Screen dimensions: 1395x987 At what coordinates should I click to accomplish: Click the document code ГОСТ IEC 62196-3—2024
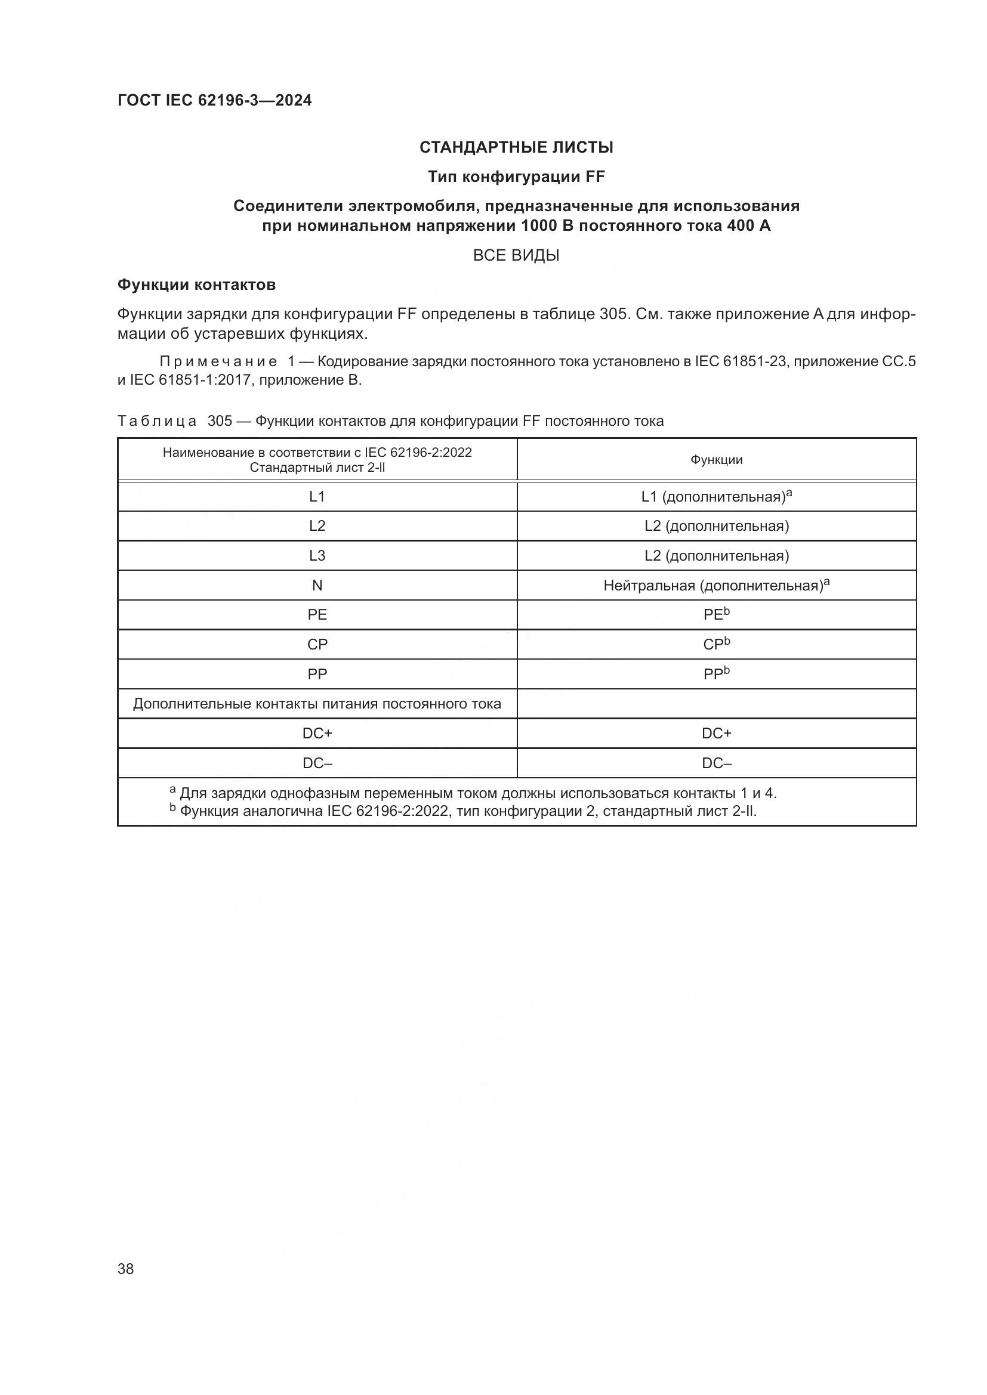(x=215, y=100)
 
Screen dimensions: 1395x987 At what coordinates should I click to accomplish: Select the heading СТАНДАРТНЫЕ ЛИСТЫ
(x=516, y=147)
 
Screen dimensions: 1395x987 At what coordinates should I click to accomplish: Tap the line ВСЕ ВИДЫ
(x=516, y=255)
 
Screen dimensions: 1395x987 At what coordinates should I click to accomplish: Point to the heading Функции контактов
(x=196, y=284)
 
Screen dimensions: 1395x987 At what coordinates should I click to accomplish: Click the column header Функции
(x=716, y=460)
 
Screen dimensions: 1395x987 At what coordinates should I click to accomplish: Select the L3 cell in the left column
(x=317, y=555)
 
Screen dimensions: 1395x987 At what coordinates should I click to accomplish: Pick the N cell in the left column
(x=317, y=585)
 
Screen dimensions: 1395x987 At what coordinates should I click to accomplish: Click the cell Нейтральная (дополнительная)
(x=716, y=586)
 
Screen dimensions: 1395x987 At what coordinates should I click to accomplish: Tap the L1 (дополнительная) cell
(x=716, y=497)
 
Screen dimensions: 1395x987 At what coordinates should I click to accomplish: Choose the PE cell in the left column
(x=317, y=615)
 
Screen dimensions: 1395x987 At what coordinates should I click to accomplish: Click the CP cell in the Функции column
(x=716, y=645)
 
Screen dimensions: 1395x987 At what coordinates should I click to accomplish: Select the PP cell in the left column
(x=317, y=675)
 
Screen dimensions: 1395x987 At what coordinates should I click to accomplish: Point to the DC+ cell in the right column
(x=716, y=734)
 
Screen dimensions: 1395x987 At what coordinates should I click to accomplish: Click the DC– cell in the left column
(x=317, y=763)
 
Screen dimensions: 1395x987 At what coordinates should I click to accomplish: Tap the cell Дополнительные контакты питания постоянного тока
(x=317, y=704)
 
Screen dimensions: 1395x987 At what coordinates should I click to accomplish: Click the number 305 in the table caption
(x=220, y=421)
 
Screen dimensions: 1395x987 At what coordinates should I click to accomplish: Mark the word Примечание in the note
(x=218, y=361)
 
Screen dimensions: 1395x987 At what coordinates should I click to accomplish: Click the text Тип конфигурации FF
(x=516, y=177)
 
